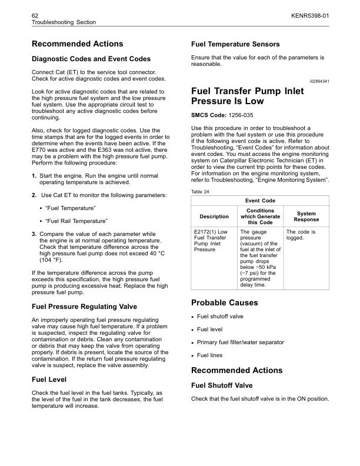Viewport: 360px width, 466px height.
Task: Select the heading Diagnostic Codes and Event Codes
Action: pyautogui.click(x=91, y=59)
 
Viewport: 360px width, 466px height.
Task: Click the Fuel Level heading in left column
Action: pyautogui.click(x=49, y=380)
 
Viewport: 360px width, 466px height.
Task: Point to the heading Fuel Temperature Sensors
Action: pyautogui.click(x=235, y=44)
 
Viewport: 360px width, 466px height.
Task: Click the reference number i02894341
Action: pyautogui.click(x=315, y=80)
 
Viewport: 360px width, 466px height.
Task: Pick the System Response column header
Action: pyautogui.click(x=306, y=217)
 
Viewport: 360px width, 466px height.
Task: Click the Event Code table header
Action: pyautogui.click(x=261, y=201)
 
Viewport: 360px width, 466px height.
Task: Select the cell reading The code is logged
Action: pyautogui.click(x=301, y=235)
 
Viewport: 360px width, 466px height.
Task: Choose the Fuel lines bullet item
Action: pyautogui.click(x=211, y=355)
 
